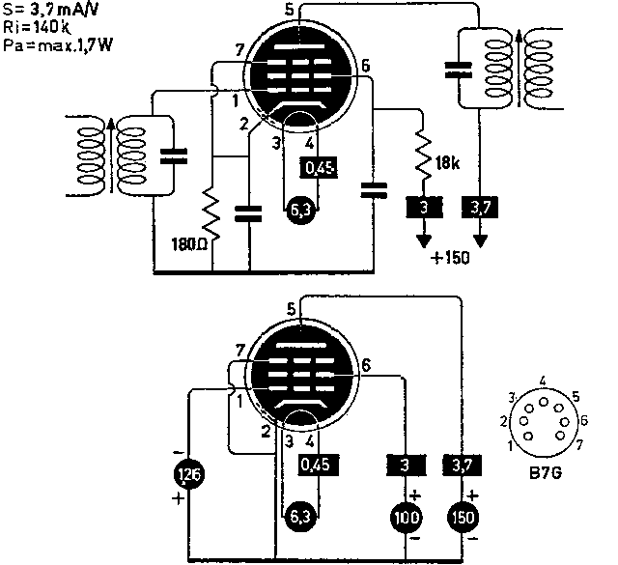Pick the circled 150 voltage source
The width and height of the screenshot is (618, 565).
point(463,519)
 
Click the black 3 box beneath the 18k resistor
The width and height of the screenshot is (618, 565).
point(421,208)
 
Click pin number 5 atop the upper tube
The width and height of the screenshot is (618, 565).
point(291,10)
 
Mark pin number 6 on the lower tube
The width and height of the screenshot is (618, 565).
point(366,365)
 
